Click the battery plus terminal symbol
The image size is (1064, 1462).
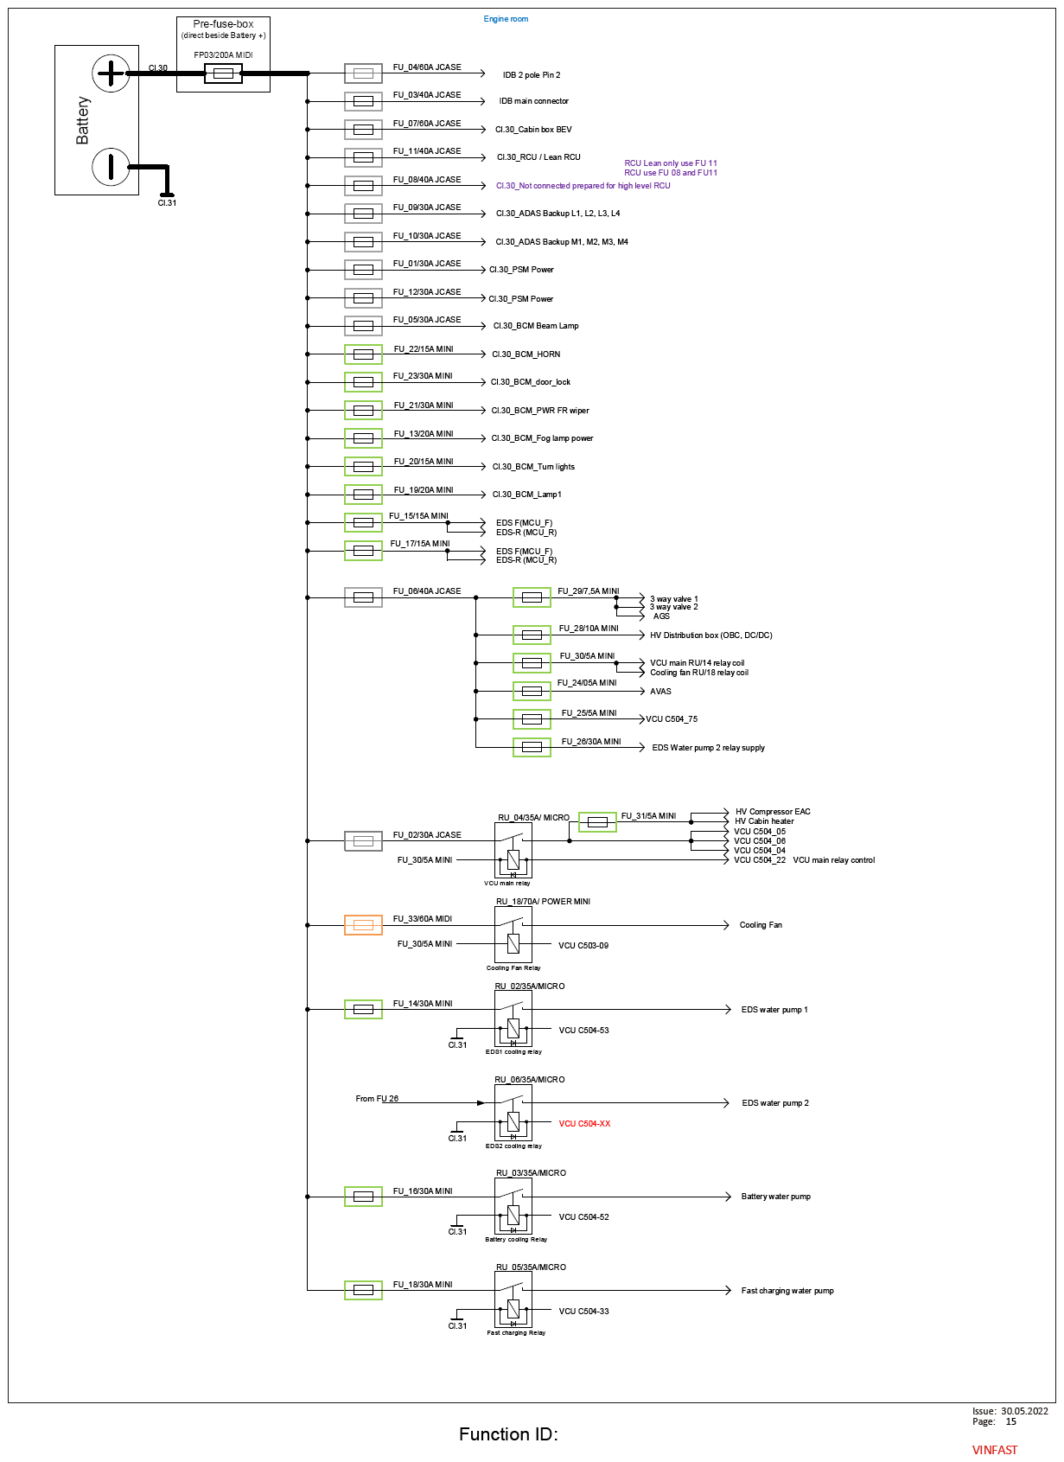point(111,73)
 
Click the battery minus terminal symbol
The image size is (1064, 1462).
point(111,166)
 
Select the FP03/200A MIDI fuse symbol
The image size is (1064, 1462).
point(223,73)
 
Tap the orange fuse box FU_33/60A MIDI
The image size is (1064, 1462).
point(363,925)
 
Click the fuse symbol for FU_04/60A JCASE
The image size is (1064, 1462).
point(363,73)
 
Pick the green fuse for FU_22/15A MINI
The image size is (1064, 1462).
point(363,354)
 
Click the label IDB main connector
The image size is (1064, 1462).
point(533,101)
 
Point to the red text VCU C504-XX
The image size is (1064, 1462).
point(584,1123)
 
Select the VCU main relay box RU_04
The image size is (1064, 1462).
point(513,850)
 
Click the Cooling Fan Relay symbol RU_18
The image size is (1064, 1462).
point(513,934)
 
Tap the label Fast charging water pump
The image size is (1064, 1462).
point(787,1290)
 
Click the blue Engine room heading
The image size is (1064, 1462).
point(506,19)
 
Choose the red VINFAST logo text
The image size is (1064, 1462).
point(994,1450)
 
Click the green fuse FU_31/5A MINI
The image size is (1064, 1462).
point(597,822)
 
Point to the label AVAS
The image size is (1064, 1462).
point(660,691)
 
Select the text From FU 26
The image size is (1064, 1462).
point(377,1099)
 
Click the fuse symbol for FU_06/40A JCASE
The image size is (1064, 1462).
point(363,597)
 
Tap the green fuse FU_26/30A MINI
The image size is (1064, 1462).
point(532,747)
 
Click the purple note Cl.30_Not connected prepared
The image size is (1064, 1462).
point(583,185)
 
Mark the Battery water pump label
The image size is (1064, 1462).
point(775,1197)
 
